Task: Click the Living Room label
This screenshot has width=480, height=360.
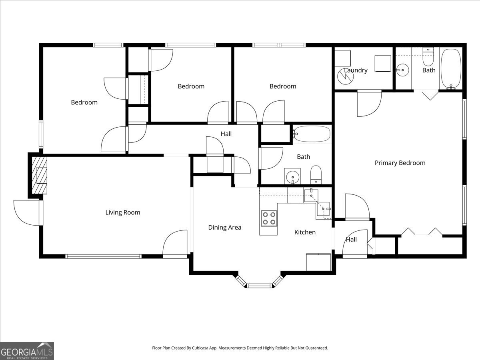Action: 123,212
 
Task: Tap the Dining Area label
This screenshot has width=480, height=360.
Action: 224,228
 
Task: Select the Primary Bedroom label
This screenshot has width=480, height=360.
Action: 400,163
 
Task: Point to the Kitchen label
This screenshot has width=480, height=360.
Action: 305,232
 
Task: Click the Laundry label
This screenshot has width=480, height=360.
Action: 356,70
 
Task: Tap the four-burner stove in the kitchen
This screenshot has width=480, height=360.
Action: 269,218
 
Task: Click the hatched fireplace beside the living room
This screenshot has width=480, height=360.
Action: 39,175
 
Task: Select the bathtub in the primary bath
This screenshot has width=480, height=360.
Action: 451,69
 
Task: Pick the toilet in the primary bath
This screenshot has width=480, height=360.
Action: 428,57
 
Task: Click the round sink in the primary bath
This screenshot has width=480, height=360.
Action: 402,70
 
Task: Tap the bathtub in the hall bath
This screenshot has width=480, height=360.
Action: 311,134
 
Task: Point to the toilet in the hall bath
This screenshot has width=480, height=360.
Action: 316,175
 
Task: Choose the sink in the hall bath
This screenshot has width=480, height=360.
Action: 292,176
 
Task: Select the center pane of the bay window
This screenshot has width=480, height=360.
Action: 259,286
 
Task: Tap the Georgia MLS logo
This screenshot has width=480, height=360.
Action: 27,351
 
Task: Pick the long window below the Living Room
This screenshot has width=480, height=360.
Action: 104,256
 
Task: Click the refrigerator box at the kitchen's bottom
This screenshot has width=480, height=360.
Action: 318,262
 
